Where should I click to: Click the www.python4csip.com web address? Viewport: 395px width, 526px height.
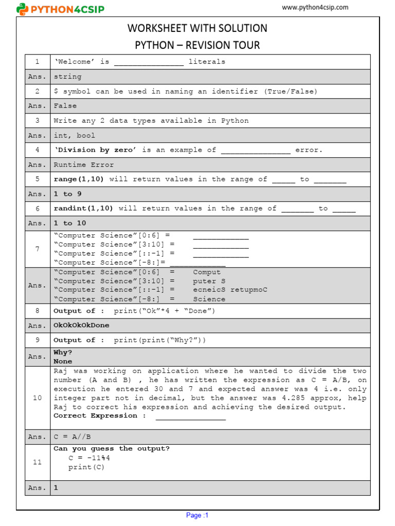click(x=315, y=7)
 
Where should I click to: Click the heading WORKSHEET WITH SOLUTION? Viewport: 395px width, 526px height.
click(x=197, y=28)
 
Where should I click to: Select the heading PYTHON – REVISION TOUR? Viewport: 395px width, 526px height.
click(x=197, y=45)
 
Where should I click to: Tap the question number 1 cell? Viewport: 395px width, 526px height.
click(x=37, y=62)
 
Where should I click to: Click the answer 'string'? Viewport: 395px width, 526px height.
click(x=67, y=77)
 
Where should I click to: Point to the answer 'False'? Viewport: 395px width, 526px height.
click(x=65, y=106)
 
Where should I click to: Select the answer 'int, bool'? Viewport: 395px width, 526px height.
click(x=75, y=136)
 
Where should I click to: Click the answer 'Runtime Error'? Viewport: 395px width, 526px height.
click(x=84, y=165)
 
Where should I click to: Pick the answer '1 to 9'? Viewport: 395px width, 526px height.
click(x=67, y=194)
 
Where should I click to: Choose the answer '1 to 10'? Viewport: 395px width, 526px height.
click(x=70, y=223)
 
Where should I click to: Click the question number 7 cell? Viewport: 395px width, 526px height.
click(x=37, y=249)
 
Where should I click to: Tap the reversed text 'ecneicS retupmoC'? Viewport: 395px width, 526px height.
click(x=230, y=290)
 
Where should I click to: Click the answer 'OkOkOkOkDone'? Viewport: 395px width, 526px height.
click(x=81, y=326)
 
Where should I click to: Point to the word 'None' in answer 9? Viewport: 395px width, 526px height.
click(x=63, y=362)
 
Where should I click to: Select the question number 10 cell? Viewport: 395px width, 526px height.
click(x=37, y=398)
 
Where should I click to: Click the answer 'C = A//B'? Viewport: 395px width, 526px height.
click(x=72, y=437)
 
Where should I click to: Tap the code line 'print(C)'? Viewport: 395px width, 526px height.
click(x=86, y=467)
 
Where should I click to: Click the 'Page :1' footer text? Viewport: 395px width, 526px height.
click(x=197, y=515)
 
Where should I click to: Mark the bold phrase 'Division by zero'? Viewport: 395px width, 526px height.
click(x=97, y=150)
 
